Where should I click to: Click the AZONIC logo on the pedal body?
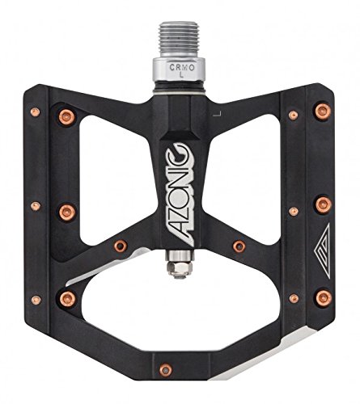click(x=180, y=195)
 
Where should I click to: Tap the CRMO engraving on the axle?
click(x=182, y=68)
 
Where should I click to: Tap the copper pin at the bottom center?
click(x=165, y=370)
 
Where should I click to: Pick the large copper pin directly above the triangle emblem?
click(x=324, y=205)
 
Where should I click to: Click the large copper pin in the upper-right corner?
click(x=323, y=112)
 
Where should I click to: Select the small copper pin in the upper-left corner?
click(x=35, y=112)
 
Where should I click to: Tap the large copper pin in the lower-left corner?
click(x=67, y=299)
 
